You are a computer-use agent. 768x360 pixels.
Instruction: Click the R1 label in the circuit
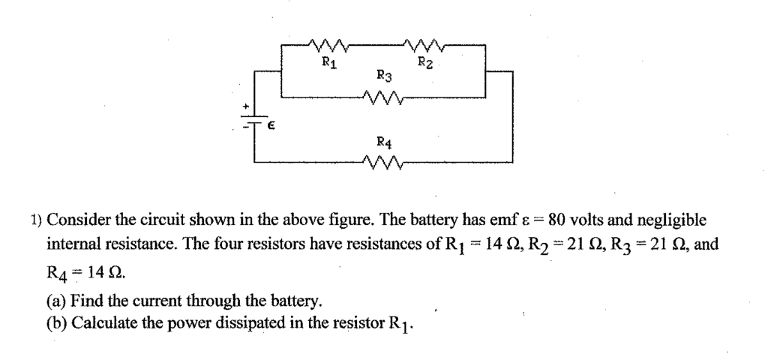click(328, 63)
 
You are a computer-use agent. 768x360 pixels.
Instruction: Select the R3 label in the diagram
click(383, 75)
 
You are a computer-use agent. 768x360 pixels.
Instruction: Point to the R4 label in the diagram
click(382, 141)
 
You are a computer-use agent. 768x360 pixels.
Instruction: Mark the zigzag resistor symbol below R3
click(382, 96)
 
